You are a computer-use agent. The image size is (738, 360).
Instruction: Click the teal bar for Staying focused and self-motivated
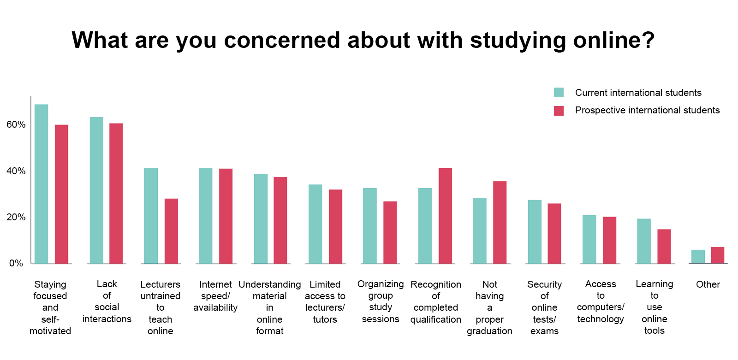pyautogui.click(x=41, y=184)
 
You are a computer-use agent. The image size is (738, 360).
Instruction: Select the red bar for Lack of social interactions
pyautogui.click(x=116, y=194)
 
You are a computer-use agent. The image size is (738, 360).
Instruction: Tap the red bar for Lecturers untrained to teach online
pyautogui.click(x=171, y=231)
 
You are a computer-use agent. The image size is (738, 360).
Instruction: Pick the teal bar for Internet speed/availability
pyautogui.click(x=205, y=216)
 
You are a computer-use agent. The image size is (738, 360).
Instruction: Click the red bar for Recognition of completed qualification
pyautogui.click(x=445, y=216)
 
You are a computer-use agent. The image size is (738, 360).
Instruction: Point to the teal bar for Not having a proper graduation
pyautogui.click(x=479, y=230)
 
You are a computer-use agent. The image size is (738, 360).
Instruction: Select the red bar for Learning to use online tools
pyautogui.click(x=664, y=246)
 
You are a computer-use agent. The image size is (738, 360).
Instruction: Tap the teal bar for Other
pyautogui.click(x=698, y=256)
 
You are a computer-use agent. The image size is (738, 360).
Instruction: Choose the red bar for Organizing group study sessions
pyautogui.click(x=390, y=232)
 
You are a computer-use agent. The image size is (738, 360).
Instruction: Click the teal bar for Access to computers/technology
pyautogui.click(x=589, y=239)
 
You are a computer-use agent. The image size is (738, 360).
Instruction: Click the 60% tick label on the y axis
pyautogui.click(x=16, y=124)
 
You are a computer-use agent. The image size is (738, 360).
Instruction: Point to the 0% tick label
pyautogui.click(x=16, y=263)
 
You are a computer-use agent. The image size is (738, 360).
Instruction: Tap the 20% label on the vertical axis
pyautogui.click(x=16, y=217)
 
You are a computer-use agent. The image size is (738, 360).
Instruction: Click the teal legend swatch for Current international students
pyautogui.click(x=559, y=93)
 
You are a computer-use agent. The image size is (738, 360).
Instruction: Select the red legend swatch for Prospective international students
pyautogui.click(x=559, y=111)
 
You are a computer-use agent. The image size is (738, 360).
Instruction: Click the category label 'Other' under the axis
pyautogui.click(x=708, y=284)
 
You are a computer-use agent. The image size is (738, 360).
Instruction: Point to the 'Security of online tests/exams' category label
pyautogui.click(x=544, y=307)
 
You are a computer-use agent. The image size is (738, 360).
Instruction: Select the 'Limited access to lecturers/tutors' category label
pyautogui.click(x=325, y=302)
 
